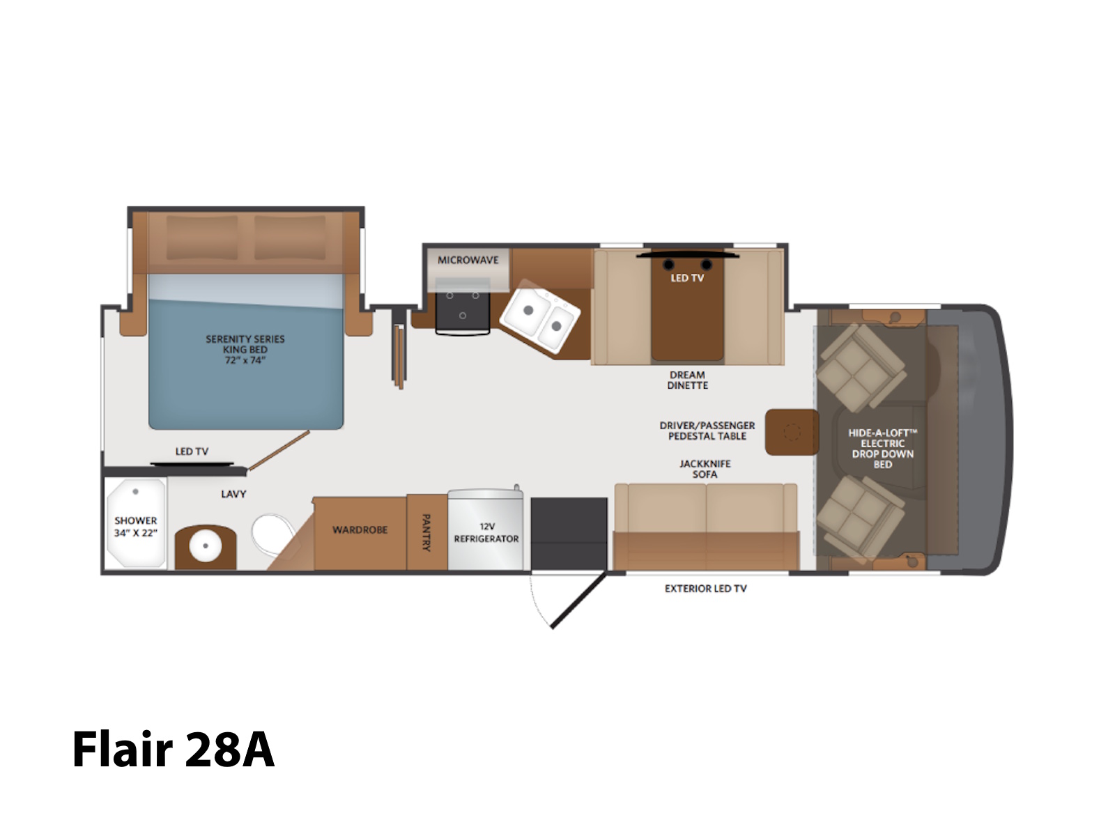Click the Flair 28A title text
coord(174,749)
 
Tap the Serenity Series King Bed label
coord(245,349)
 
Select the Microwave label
coord(468,260)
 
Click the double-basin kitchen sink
coord(540,316)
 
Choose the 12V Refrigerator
coord(486,528)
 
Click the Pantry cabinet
coord(426,532)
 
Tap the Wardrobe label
coord(360,530)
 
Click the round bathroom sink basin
coord(205,546)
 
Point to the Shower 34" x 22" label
coord(136,527)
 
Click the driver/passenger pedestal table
coord(792,432)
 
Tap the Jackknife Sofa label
coord(705,469)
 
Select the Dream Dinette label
coord(687,380)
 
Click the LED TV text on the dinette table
coord(687,278)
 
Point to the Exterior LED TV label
coord(705,589)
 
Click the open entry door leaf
coord(578,601)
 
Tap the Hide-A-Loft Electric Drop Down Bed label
coord(883,449)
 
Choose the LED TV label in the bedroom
coord(192,451)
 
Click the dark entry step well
coord(569,534)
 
